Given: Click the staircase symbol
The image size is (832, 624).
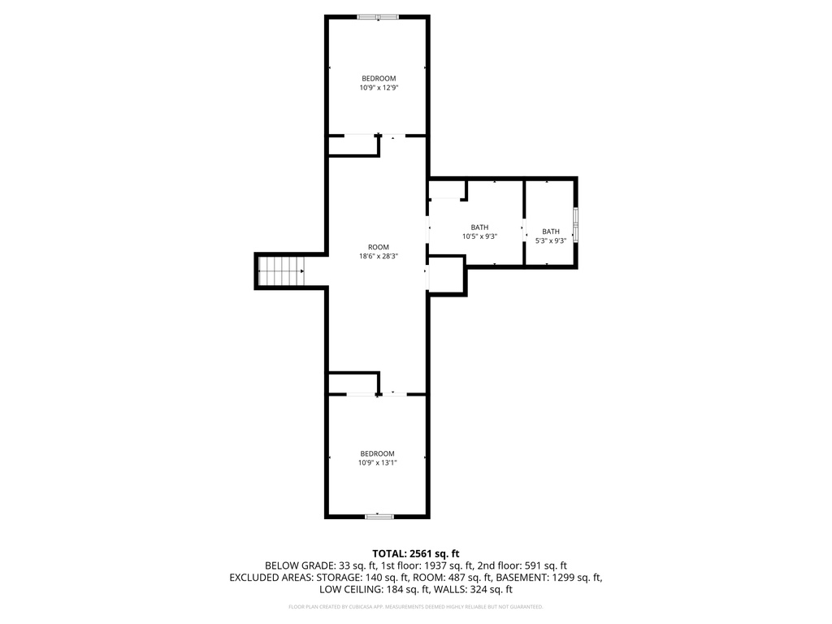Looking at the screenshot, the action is (x=280, y=271).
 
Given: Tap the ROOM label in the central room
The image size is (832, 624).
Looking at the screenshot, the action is (x=379, y=247).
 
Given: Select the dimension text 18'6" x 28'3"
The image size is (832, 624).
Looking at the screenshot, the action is (x=379, y=256).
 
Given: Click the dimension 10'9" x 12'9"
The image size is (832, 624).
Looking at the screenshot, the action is (x=379, y=88).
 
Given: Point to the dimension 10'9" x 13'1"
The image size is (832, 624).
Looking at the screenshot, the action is (x=377, y=462).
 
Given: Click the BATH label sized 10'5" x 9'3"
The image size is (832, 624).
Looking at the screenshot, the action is (x=479, y=227).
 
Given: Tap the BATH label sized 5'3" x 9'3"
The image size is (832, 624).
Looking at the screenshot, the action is (x=551, y=232).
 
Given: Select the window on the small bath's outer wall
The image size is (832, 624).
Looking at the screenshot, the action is (x=576, y=225).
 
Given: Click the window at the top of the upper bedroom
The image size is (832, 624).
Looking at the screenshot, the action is (x=378, y=17).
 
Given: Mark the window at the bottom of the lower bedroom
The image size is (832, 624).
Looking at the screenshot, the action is (x=379, y=516).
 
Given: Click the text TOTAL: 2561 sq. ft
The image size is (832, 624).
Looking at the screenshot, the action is (x=415, y=554).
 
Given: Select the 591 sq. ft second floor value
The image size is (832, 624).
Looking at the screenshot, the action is (x=543, y=565).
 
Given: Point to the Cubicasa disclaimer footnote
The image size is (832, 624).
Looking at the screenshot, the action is (x=415, y=606).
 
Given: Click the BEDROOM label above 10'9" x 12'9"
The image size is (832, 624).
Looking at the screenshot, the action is (x=379, y=79).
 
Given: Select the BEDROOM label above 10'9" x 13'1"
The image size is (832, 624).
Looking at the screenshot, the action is (x=377, y=453).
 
